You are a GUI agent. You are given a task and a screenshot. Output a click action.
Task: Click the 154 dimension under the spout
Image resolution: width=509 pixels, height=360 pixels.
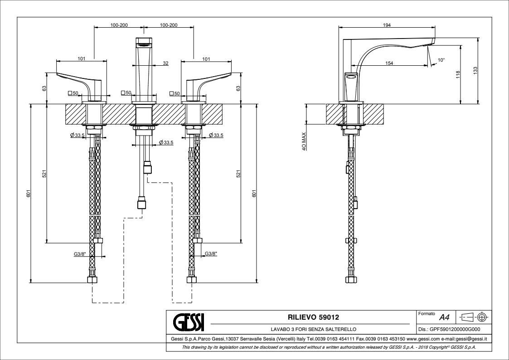pyautogui.click(x=389, y=63)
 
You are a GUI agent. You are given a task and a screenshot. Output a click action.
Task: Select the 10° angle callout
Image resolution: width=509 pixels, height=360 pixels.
pyautogui.click(x=441, y=60)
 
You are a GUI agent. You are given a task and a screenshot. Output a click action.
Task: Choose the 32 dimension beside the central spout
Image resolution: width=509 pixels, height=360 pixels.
pyautogui.click(x=165, y=63)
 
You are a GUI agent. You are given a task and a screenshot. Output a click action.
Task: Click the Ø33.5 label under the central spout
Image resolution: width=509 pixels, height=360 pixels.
pyautogui.click(x=166, y=143)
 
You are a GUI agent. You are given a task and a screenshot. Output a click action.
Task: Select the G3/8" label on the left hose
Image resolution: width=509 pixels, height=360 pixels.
pyautogui.click(x=80, y=254)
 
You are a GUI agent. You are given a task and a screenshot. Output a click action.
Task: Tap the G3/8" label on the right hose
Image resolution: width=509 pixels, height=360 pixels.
pyautogui.click(x=211, y=254)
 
